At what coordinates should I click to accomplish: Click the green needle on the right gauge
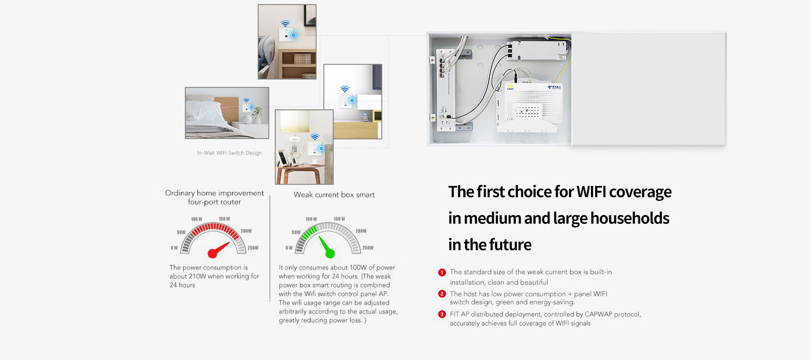pyautogui.click(x=327, y=248)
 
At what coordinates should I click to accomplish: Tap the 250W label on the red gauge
pyautogui.click(x=253, y=248)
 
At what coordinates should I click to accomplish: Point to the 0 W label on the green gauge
pyautogui.click(x=289, y=248)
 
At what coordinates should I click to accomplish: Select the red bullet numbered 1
pyautogui.click(x=442, y=273)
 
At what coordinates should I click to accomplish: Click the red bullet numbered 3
pyautogui.click(x=442, y=314)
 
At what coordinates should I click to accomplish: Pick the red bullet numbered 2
pyautogui.click(x=442, y=294)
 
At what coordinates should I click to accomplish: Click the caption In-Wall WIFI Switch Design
pyautogui.click(x=229, y=153)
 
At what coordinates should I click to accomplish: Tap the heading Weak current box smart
pyautogui.click(x=334, y=195)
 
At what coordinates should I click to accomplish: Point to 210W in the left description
pyautogui.click(x=197, y=276)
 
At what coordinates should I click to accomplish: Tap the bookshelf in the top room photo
pyautogui.click(x=297, y=64)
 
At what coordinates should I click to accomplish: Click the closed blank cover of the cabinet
pyautogui.click(x=649, y=89)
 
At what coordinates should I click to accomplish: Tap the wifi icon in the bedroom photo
pyautogui.click(x=246, y=101)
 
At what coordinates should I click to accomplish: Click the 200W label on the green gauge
pyautogui.click(x=361, y=231)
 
